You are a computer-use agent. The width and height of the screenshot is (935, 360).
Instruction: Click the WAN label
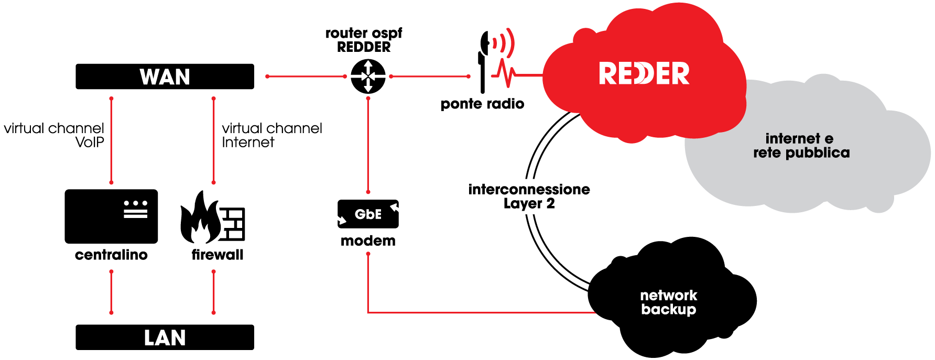(x=165, y=77)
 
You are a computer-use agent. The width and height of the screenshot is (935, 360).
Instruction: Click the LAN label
(x=165, y=338)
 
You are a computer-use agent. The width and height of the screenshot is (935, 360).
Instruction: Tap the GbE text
(x=368, y=214)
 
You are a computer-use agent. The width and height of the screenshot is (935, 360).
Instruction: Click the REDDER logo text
(x=644, y=73)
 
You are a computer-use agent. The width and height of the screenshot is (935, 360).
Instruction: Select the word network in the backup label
(x=669, y=295)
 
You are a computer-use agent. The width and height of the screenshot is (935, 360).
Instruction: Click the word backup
(x=669, y=310)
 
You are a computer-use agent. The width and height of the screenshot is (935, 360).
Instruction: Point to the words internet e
(x=799, y=138)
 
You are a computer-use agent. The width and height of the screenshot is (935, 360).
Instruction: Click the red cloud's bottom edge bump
(x=632, y=137)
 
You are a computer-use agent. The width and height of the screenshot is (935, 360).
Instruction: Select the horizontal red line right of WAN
(x=306, y=77)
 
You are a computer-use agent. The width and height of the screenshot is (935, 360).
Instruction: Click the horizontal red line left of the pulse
(x=430, y=77)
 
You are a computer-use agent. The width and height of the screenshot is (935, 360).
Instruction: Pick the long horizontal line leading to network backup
(x=482, y=312)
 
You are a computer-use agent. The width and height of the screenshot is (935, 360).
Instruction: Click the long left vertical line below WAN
(x=111, y=140)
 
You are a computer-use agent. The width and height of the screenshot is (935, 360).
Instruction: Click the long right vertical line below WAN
(x=213, y=140)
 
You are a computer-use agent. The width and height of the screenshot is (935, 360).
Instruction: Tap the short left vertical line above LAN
(x=111, y=292)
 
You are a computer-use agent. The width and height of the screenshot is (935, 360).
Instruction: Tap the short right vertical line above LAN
(x=213, y=292)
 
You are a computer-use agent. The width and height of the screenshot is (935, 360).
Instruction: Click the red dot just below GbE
(x=368, y=254)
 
